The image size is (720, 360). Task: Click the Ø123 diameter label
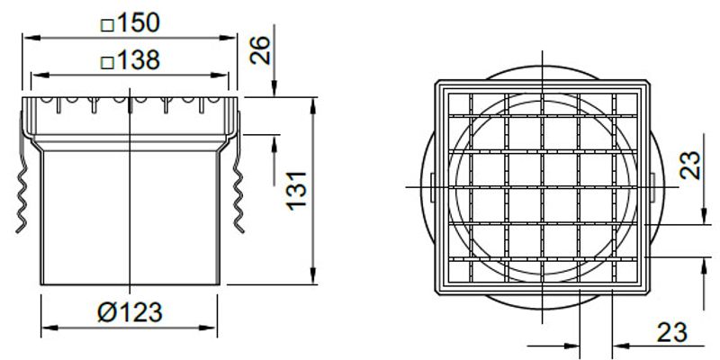(x=131, y=312)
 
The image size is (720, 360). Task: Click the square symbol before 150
(x=107, y=22)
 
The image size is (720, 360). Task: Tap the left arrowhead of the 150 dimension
(x=27, y=38)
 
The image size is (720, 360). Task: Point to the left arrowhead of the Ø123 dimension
(x=47, y=326)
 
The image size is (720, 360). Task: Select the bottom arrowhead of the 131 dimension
(x=311, y=281)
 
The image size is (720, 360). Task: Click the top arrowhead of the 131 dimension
(x=311, y=101)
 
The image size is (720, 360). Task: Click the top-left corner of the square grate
(x=436, y=83)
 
